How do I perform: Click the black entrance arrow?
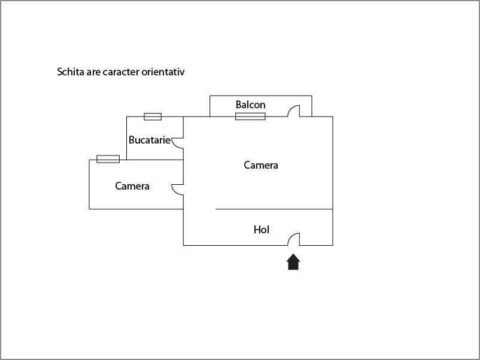pyautogui.click(x=293, y=262)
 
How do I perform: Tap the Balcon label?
pyautogui.click(x=250, y=105)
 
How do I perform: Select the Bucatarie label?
pyautogui.click(x=150, y=140)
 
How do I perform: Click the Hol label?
pyautogui.click(x=261, y=230)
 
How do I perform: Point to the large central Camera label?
pyautogui.click(x=261, y=165)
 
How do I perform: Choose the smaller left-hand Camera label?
pyautogui.click(x=132, y=186)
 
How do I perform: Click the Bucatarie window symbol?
pyautogui.click(x=153, y=117)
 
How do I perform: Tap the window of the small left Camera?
pyautogui.click(x=108, y=159)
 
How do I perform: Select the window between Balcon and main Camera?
pyautogui.click(x=250, y=117)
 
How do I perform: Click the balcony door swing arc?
pyautogui.click(x=291, y=108)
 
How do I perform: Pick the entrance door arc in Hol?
pyautogui.click(x=291, y=236)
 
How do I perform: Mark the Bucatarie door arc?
pyautogui.click(x=174, y=145)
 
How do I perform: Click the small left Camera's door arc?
pyautogui.click(x=174, y=191)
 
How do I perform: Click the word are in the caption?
pyautogui.click(x=93, y=73)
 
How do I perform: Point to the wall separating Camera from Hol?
pyautogui.click(x=274, y=209)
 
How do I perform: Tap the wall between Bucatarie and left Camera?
pyautogui.click(x=155, y=160)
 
